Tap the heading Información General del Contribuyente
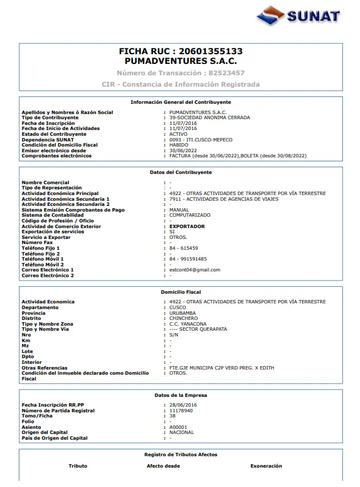pos(180,102)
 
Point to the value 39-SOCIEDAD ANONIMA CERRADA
pos(201,117)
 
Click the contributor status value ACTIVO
pos(178,134)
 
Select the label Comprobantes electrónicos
pos(56,156)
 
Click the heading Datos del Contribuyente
pos(180,172)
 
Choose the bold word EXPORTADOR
pos(187,226)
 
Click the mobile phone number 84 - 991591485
pos(188,259)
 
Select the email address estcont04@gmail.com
pos(195,270)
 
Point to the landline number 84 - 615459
pos(184,248)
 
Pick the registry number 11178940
pos(181,411)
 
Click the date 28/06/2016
pos(183,405)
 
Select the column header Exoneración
pos(266,466)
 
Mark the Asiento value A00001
pos(178,427)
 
